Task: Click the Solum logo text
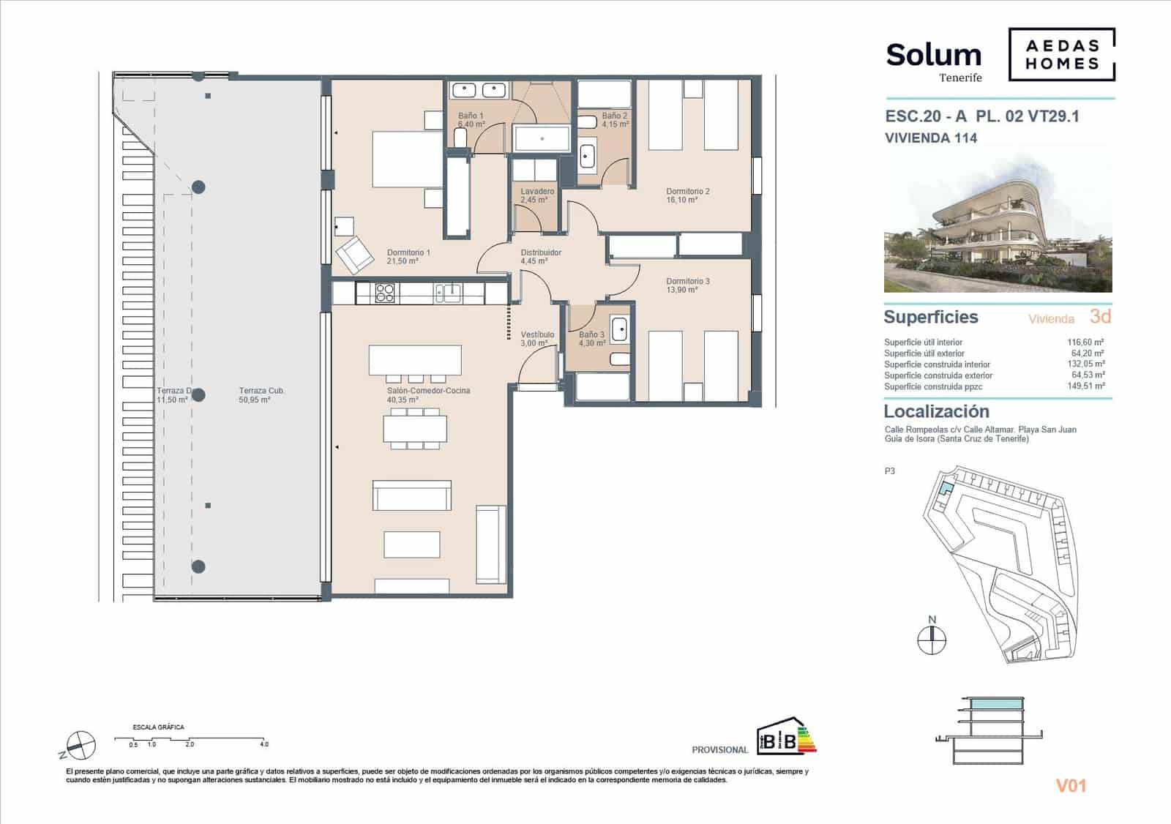click(x=933, y=56)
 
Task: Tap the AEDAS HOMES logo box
click(x=1062, y=54)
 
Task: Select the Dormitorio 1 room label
click(x=408, y=257)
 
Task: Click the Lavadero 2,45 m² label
click(x=537, y=195)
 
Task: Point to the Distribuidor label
click(x=541, y=257)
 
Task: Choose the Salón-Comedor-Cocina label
click(x=428, y=395)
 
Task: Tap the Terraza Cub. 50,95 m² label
click(x=261, y=395)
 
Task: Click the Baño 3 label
click(x=591, y=339)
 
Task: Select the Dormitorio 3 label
click(x=687, y=285)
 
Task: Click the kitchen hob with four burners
click(x=385, y=293)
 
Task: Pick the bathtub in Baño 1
click(x=542, y=138)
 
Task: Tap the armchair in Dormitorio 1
click(x=354, y=253)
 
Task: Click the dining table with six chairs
click(x=415, y=428)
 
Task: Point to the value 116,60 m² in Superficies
click(x=1085, y=342)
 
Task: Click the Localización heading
click(x=936, y=411)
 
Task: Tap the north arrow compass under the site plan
click(x=932, y=640)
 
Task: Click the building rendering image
click(x=998, y=223)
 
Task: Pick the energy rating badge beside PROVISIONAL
click(x=786, y=736)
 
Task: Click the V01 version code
click(x=1070, y=786)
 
